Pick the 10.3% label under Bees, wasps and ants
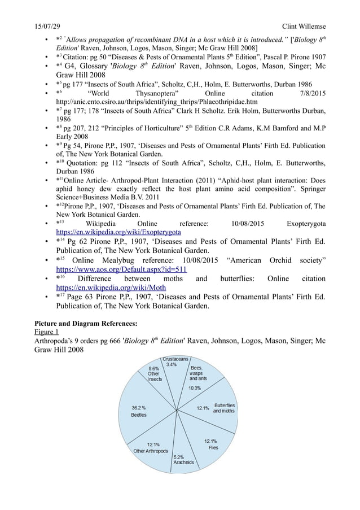coord(194,388)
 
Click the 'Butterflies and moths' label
coord(223,408)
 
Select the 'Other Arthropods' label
coord(150,451)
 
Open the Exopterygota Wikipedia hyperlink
coord(118,232)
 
